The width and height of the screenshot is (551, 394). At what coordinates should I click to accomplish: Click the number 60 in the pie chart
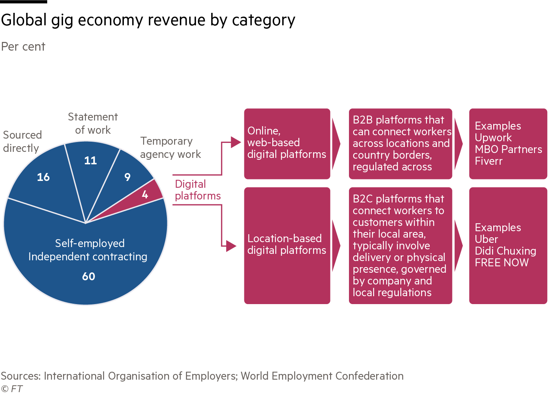(x=89, y=276)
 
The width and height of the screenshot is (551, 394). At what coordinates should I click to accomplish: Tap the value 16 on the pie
(x=43, y=177)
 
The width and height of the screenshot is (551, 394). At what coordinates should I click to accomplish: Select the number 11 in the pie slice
(x=91, y=161)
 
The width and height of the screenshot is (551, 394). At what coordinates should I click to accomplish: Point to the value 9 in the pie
(x=128, y=177)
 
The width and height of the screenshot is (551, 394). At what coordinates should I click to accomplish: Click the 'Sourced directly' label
(x=22, y=141)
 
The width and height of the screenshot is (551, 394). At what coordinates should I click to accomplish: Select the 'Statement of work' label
(x=93, y=123)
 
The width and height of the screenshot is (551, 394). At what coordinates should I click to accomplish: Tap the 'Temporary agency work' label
(x=170, y=147)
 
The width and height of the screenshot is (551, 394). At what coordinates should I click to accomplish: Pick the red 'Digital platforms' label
(x=198, y=190)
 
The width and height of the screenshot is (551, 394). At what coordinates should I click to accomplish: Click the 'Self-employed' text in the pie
(x=90, y=243)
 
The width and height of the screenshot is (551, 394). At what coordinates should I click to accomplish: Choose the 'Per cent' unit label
(x=23, y=46)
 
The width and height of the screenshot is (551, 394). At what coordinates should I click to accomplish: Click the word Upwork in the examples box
(x=493, y=138)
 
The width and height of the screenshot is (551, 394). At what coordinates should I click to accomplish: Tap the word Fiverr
(x=488, y=161)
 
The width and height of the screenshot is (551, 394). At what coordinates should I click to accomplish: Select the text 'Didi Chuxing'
(x=505, y=251)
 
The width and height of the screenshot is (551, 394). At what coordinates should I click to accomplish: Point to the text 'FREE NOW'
(x=502, y=263)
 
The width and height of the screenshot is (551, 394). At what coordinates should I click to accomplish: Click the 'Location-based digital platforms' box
(x=287, y=245)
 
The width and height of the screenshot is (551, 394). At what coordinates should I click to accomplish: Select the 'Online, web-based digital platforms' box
(x=287, y=143)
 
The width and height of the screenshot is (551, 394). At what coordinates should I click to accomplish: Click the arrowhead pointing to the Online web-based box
(x=236, y=142)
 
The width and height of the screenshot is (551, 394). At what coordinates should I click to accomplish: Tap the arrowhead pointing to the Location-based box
(x=231, y=246)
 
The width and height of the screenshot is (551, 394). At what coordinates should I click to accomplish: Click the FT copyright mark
(x=12, y=388)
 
